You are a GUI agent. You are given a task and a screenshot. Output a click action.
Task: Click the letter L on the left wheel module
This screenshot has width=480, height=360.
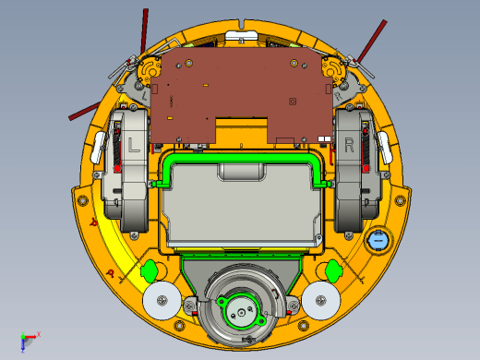point(134,145)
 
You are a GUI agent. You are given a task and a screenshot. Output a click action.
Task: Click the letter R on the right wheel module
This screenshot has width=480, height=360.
point(349,145)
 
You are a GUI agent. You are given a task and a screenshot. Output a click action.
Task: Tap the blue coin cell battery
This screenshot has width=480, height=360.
point(378,240)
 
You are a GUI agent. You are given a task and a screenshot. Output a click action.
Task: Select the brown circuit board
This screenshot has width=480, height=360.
point(242,95)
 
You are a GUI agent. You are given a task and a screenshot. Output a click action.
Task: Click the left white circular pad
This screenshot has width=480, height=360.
point(162,300)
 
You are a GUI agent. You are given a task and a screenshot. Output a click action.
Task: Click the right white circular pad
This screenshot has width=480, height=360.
point(321,300)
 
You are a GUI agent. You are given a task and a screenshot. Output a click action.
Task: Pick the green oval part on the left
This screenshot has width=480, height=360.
point(150,271)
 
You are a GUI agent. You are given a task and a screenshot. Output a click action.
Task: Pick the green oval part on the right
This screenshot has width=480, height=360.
point(333,270)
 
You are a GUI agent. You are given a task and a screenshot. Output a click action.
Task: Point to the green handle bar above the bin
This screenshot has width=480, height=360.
point(242,158)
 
